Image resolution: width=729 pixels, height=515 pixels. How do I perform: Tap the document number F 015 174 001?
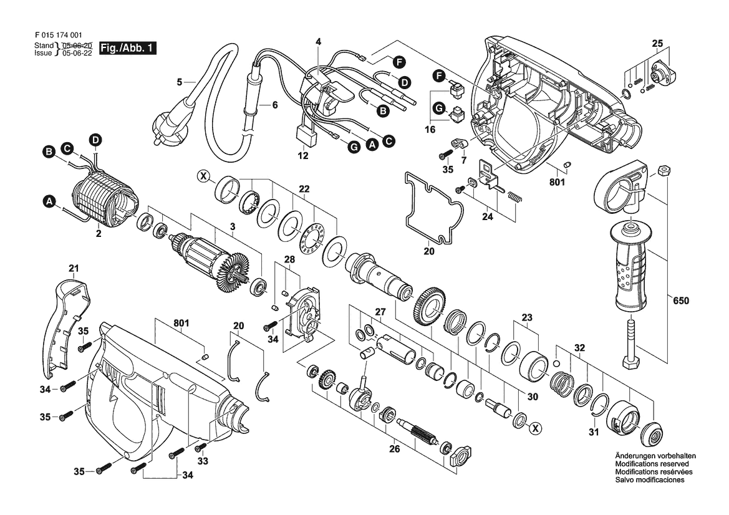click(59, 35)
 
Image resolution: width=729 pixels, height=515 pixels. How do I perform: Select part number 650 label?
click(681, 301)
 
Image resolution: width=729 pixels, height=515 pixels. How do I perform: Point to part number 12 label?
click(303, 156)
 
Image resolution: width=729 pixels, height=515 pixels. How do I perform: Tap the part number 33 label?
click(203, 461)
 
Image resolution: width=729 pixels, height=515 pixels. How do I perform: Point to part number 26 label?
click(394, 449)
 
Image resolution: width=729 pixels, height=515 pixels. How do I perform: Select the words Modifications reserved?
click(652, 464)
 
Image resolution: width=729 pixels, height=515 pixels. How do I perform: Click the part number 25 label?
click(657, 44)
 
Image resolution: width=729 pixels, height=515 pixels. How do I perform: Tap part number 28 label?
click(289, 260)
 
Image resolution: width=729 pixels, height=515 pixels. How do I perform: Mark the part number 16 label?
click(430, 129)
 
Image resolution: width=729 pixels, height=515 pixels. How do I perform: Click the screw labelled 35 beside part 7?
click(445, 153)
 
